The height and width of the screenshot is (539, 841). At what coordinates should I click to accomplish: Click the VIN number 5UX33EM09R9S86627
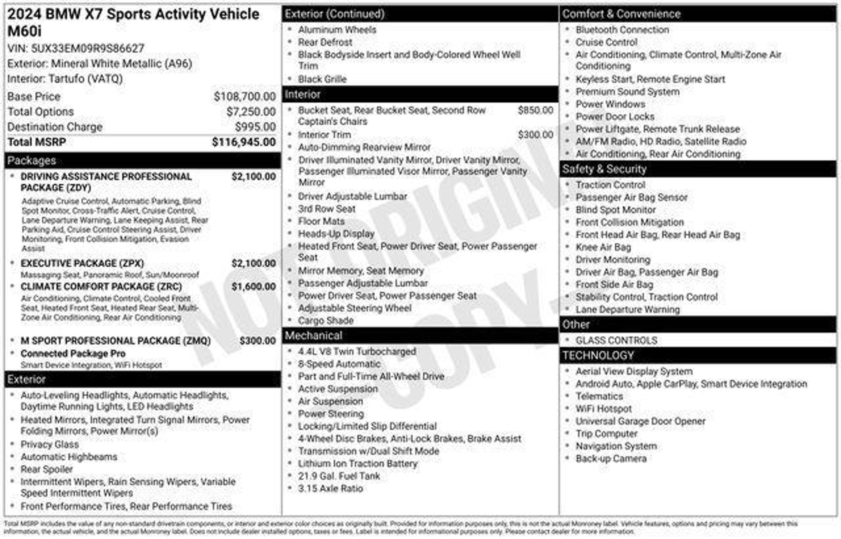87,48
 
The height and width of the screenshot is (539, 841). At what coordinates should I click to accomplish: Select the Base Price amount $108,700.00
244,97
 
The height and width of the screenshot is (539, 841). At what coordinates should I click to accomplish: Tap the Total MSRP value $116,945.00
244,142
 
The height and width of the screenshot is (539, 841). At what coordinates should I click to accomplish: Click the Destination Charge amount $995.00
255,127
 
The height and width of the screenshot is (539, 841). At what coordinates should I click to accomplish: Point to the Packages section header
32,161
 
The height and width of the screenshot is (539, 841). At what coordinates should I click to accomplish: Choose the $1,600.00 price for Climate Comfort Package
253,287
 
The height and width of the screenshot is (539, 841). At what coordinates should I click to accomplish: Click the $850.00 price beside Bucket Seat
535,110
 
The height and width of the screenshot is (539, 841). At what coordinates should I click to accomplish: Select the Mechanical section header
313,336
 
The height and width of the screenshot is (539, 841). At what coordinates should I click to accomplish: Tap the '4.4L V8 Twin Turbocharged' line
357,352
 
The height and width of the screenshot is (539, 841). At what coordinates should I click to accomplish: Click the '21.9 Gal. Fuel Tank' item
339,476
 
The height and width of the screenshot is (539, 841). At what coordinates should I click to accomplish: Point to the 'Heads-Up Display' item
336,234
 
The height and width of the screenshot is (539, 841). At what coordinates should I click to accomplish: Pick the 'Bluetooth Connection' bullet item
622,30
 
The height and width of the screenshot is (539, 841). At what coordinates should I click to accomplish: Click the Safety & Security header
604,169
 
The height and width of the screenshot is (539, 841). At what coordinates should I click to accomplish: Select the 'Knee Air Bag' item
603,247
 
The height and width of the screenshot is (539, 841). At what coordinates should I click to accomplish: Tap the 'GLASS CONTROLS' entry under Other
616,341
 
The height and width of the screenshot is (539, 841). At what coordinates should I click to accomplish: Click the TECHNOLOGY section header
598,355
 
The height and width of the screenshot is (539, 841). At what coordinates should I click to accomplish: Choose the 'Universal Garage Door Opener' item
640,422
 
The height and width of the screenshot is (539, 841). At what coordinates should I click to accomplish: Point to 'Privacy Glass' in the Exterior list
50,445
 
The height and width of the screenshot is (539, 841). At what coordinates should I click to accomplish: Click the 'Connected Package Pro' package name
73,354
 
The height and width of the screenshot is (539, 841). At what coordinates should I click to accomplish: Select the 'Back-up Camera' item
611,459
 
